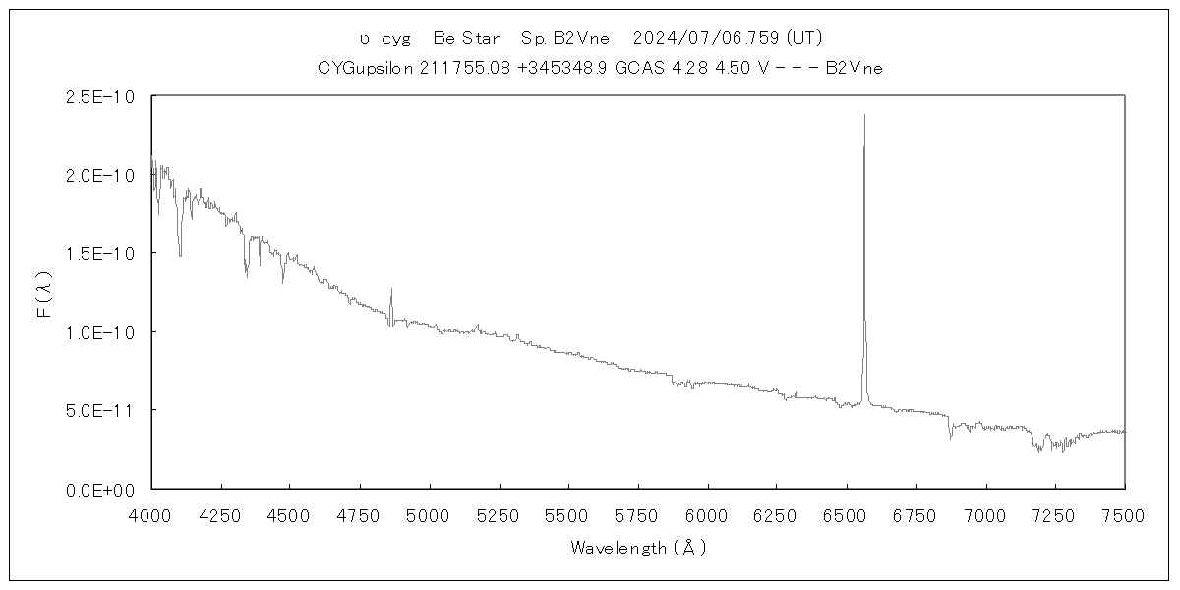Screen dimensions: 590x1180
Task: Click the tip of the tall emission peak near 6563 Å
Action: click(864, 115)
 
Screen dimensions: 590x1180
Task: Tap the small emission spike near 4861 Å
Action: click(391, 289)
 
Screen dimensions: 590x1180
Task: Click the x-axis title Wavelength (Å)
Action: click(638, 548)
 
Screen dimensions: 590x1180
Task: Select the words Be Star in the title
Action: click(466, 38)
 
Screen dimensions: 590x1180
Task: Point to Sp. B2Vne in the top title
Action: click(567, 38)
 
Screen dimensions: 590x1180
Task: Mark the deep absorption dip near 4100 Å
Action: click(180, 254)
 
